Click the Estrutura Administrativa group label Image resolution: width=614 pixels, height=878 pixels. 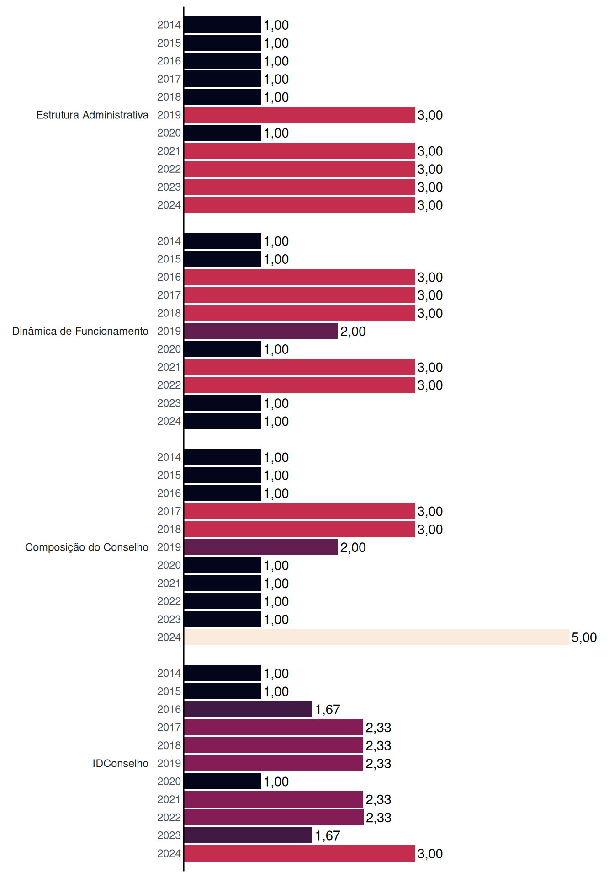tap(92, 115)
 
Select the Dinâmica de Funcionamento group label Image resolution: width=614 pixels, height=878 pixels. tap(80, 331)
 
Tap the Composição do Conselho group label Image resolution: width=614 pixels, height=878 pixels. tap(87, 547)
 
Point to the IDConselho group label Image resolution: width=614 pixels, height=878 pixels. tap(121, 763)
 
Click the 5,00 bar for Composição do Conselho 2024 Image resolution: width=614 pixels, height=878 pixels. tap(376, 637)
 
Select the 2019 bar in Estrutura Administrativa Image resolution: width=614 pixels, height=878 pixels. tap(299, 115)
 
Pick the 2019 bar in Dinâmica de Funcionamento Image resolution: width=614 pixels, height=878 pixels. tap(261, 331)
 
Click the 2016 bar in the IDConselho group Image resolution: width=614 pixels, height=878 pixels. tap(248, 709)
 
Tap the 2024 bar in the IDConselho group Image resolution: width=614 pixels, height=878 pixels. tap(299, 853)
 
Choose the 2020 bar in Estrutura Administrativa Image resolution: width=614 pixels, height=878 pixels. tap(222, 133)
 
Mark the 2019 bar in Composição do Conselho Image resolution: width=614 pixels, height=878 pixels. tap(261, 547)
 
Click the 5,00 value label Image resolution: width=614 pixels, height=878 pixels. tap(584, 637)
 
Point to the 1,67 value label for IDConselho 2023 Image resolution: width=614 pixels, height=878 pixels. tap(328, 835)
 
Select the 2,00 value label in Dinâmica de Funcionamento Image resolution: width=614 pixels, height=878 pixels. tap(353, 332)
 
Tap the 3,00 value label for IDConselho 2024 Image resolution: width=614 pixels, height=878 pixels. tap(430, 854)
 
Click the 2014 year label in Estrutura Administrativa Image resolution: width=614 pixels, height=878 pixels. tap(169, 25)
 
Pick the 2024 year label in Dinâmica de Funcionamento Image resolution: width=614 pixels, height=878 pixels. tap(169, 421)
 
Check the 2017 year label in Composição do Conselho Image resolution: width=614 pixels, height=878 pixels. tap(169, 511)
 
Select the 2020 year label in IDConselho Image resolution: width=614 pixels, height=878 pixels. tap(169, 782)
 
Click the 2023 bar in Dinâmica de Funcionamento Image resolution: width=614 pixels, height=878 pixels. tap(222, 403)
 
